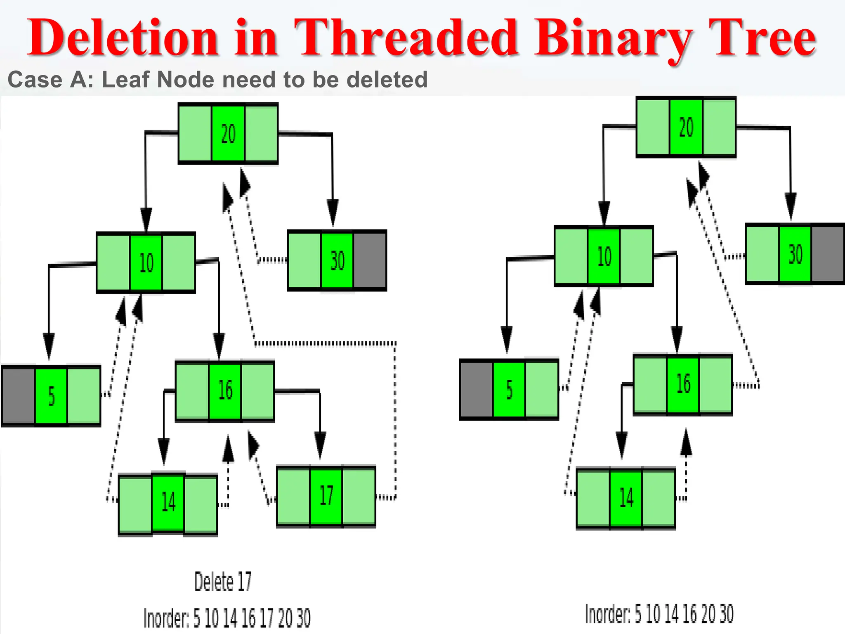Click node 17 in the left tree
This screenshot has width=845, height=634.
tap(326, 496)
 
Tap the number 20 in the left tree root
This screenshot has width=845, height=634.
tap(228, 134)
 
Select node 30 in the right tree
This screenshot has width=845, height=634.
tap(795, 254)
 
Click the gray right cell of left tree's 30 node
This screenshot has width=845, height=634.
tap(370, 260)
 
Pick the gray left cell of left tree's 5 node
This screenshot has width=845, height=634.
tap(19, 396)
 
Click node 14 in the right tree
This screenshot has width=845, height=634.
tap(626, 498)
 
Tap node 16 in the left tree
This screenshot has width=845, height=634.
tap(225, 390)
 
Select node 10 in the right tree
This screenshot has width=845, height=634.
tap(604, 256)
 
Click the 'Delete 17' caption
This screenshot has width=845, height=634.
tap(223, 582)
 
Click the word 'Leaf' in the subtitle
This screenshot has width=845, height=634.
tap(126, 80)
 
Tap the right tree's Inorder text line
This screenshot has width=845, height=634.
tap(659, 614)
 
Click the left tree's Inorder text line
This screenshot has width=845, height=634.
tap(227, 618)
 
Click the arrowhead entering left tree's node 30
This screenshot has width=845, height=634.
tap(333, 211)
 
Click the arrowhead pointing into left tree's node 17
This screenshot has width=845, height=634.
tap(320, 444)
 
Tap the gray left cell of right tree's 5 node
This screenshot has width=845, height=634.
tap(476, 390)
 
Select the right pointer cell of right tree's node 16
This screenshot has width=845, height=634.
tap(716, 384)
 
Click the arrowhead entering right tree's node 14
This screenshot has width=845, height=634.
tap(622, 444)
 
